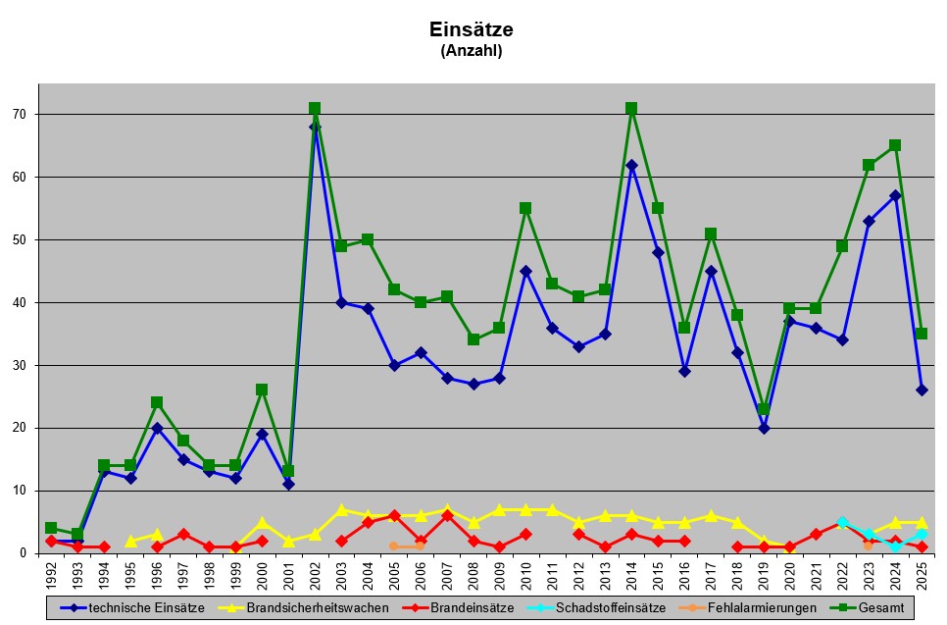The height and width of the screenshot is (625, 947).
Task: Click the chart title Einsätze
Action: coord(472,29)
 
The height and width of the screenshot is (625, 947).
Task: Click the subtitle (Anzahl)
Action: coord(472,51)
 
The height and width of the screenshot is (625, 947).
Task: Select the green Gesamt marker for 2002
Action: coord(315,108)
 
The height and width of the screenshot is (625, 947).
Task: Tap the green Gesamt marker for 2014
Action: coord(631,108)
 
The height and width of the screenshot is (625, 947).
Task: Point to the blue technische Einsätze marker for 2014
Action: coord(631,165)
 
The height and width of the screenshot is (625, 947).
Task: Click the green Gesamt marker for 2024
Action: coord(895,145)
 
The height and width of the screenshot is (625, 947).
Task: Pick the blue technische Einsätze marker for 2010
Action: coord(525,271)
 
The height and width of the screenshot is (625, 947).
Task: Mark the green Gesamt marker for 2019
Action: coord(764,409)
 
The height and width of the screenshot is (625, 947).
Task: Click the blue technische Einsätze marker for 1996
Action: coord(157,428)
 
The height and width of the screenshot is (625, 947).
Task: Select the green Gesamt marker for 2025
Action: coord(922,334)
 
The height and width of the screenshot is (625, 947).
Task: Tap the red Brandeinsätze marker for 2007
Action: coord(447,515)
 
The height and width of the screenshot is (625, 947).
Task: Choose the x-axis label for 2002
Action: coord(316,572)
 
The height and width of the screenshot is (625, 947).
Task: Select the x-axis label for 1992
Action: coord(51,572)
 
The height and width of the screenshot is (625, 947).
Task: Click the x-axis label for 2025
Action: coord(922,572)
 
